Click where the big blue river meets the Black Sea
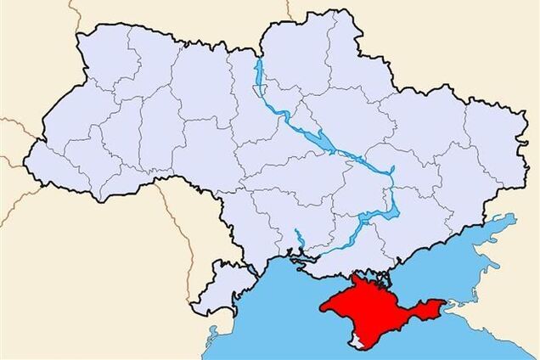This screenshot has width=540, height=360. (x=299, y=254)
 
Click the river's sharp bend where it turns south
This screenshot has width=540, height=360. (x=391, y=173)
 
